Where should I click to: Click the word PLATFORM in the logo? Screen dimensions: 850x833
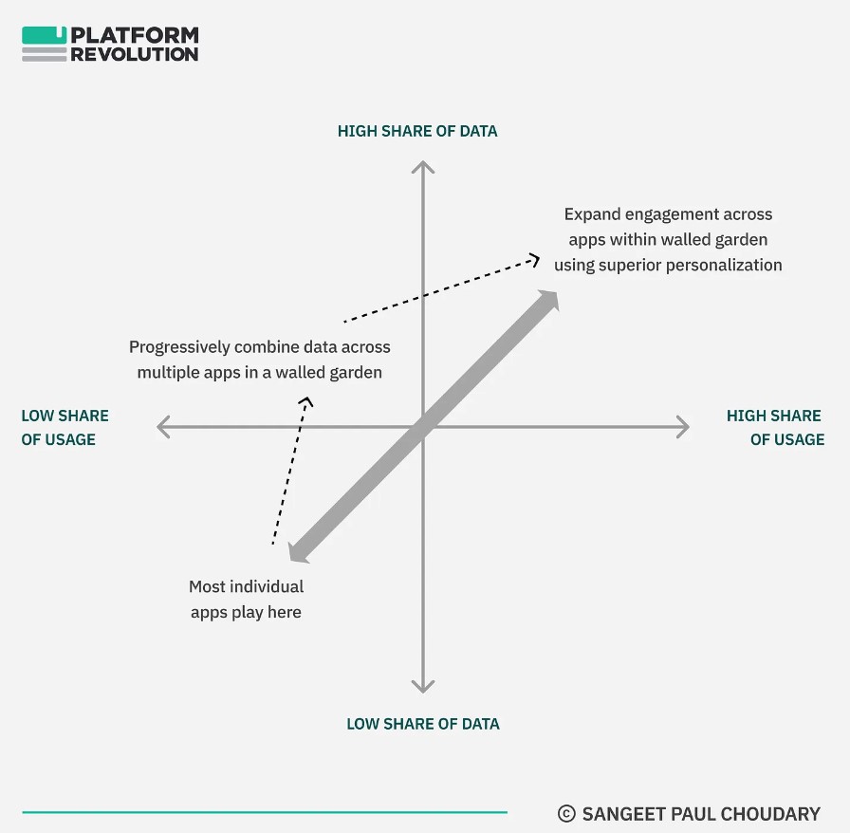[135, 35]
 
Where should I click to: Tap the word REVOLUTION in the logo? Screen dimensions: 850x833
[135, 54]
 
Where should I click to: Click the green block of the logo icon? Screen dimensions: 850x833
[44, 35]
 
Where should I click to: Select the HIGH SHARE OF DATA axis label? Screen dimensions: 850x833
[417, 131]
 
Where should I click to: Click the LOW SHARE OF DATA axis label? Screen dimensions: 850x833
[423, 724]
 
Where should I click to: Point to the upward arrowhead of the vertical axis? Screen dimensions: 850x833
[423, 166]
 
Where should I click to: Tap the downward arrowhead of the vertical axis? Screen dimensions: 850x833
[423, 687]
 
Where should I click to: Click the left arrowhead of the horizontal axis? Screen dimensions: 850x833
[163, 427]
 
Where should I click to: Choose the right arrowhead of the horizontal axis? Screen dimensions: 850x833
[683, 427]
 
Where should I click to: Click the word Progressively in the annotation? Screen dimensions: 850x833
[179, 347]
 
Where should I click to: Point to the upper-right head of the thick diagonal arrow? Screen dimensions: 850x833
[548, 300]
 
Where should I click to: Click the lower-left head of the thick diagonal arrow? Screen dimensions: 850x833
[298, 552]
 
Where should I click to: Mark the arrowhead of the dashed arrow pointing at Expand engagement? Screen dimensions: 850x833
[534, 260]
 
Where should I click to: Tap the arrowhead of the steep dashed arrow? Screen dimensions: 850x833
[306, 402]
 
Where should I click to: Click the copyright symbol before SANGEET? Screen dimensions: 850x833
[566, 813]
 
